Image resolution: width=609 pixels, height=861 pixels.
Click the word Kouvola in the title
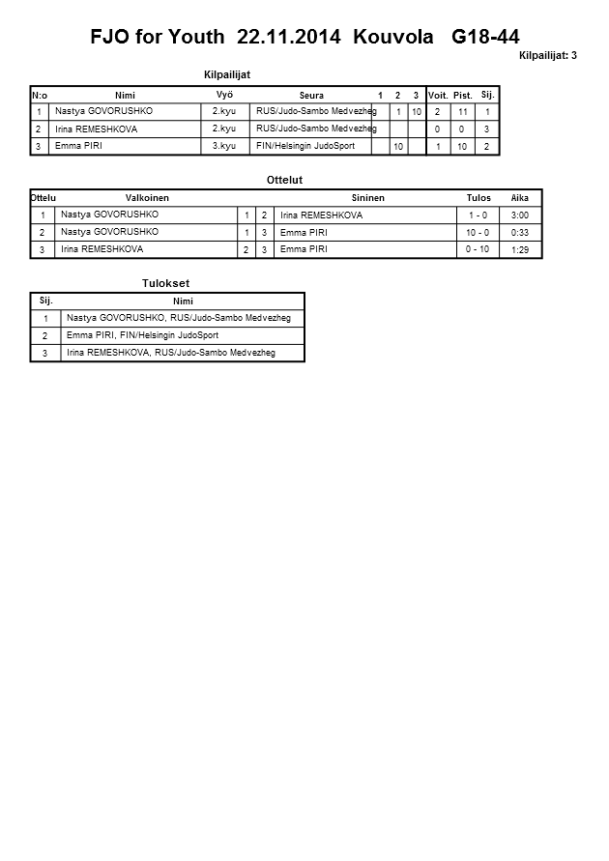[x=395, y=38]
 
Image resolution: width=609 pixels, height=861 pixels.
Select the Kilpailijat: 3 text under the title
[x=547, y=55]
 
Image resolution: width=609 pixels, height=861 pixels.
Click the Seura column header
[x=311, y=95]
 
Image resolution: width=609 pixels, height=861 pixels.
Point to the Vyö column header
[x=225, y=94]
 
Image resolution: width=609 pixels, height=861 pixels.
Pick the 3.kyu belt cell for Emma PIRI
[x=223, y=146]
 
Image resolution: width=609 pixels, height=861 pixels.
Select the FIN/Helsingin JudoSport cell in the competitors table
[x=304, y=146]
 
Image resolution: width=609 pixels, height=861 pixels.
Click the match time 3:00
[x=519, y=215]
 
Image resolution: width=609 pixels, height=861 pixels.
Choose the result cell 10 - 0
[x=478, y=233]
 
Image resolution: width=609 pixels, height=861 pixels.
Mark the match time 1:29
[x=519, y=250]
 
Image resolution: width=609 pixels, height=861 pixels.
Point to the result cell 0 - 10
[x=478, y=249]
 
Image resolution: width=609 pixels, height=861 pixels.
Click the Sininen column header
[x=368, y=197]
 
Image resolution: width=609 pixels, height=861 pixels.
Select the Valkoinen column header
[x=147, y=197]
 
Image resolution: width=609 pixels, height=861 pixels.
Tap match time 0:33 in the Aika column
[x=519, y=233]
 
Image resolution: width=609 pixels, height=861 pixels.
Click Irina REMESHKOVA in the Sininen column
[x=320, y=215]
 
